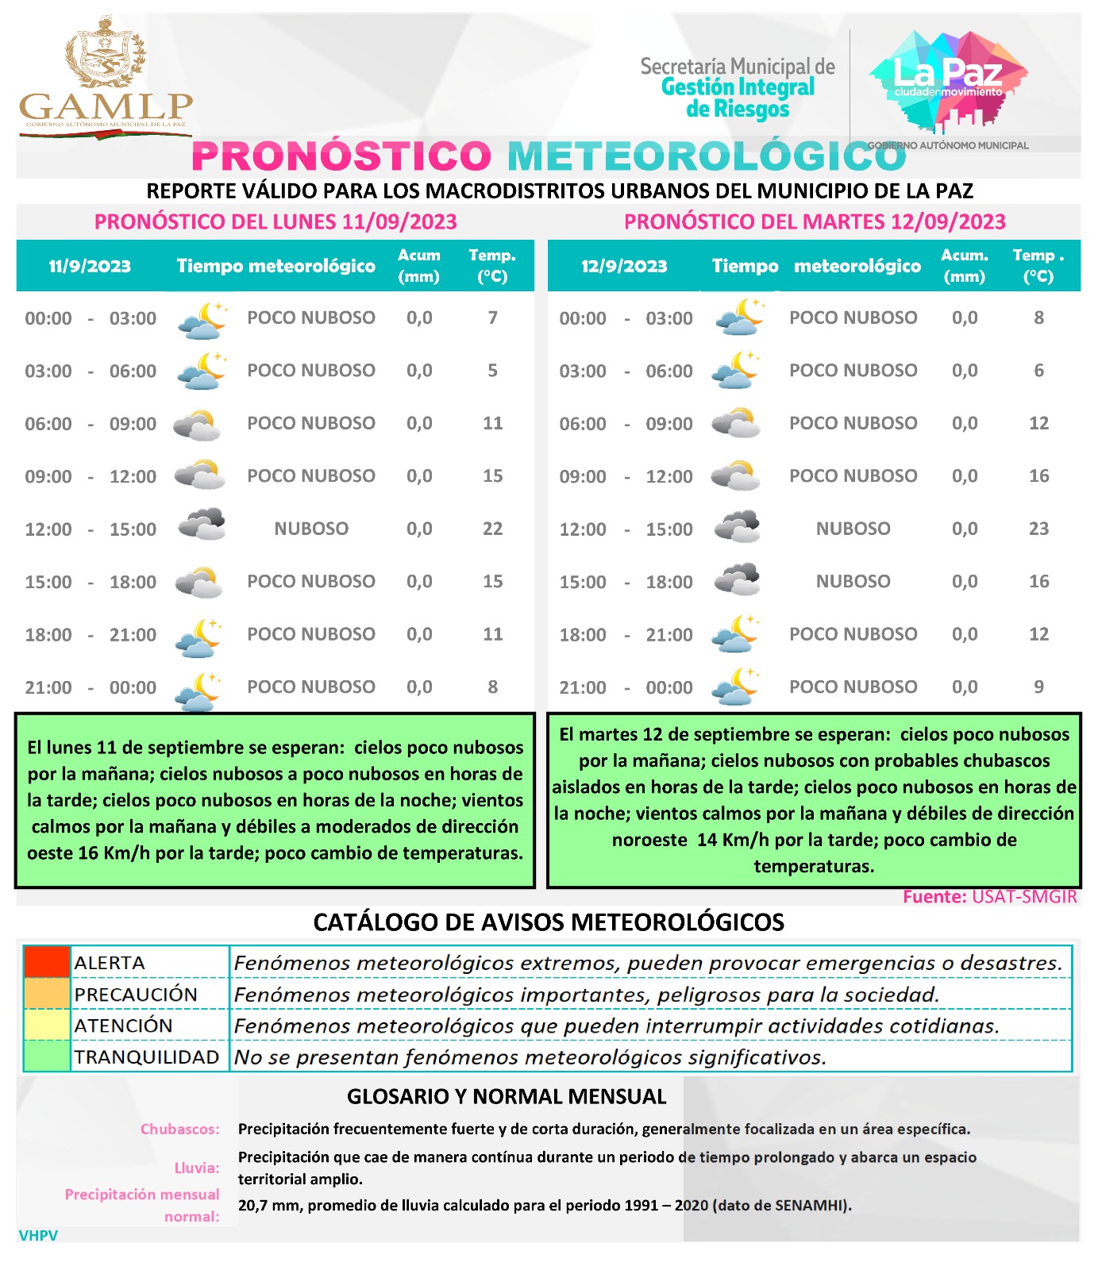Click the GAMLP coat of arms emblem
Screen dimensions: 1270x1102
coord(106,56)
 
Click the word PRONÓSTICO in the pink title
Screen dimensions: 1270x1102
coord(341,156)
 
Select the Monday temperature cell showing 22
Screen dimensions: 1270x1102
coord(492,529)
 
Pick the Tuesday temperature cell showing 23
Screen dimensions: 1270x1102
coord(1038,529)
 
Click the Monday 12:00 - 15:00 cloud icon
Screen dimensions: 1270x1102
coord(201,526)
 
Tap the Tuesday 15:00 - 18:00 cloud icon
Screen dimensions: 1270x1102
coord(737,580)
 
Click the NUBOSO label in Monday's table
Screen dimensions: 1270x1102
coord(311,529)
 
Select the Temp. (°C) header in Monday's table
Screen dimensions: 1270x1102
coord(492,266)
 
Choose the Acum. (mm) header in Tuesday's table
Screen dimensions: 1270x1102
coord(965,266)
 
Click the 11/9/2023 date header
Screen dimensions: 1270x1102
coord(90,267)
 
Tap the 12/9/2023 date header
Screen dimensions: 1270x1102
coord(624,267)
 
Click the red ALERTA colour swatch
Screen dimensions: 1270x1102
coord(47,962)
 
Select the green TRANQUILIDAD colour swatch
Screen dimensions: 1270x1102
coord(47,1056)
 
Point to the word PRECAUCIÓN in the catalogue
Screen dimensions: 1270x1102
coord(136,995)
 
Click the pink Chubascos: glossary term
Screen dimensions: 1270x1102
coord(179,1130)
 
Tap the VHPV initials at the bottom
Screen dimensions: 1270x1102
coord(38,1235)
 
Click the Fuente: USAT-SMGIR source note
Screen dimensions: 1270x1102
coord(989,897)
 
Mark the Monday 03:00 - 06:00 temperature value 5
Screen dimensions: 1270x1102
coord(492,371)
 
